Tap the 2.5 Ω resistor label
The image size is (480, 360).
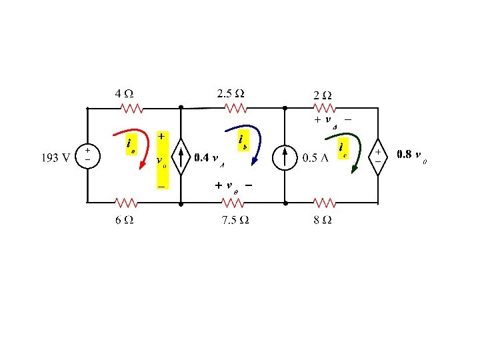(x=230, y=92)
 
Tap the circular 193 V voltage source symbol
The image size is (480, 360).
(x=87, y=155)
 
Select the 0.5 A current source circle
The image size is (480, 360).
(x=285, y=157)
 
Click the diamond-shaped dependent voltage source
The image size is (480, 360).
(x=378, y=157)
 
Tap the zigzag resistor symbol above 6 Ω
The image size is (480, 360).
(x=125, y=201)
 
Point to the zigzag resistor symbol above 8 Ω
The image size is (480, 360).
(x=325, y=201)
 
